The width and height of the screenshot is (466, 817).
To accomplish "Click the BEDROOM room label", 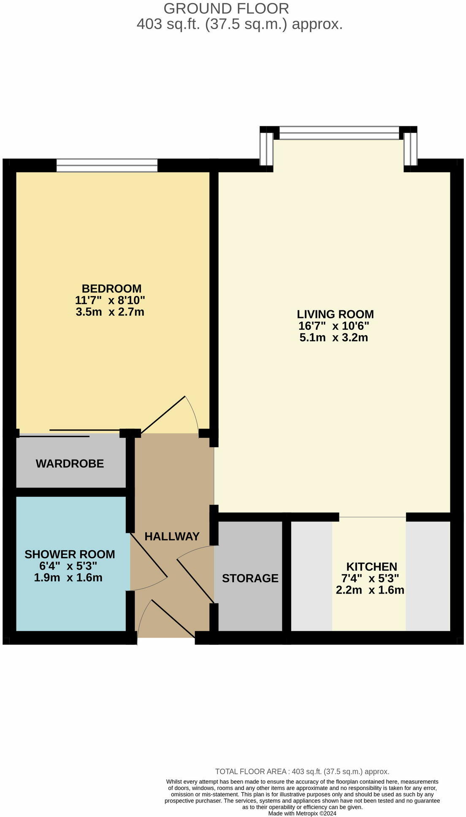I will coord(111,289).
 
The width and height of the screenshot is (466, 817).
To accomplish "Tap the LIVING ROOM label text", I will coord(335,314).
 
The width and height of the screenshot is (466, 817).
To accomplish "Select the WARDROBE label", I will coord(70,464).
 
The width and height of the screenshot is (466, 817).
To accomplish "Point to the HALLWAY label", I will coord(172,536).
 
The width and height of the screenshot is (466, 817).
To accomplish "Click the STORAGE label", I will coord(250,578).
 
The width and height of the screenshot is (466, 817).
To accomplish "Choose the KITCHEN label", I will coord(371,567).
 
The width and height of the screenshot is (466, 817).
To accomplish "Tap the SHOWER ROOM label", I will coord(70,554).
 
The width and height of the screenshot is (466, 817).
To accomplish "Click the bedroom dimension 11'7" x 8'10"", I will coord(110,301).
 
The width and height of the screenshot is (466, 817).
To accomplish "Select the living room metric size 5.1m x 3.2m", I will coord(333,338).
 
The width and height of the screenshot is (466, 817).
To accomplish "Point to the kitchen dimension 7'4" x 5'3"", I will coord(370,578).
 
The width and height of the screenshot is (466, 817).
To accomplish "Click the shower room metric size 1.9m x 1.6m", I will coord(68,578).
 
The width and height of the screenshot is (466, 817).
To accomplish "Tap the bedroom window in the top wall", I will coord(107,166).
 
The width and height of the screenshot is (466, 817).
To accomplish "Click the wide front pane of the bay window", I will coord(339,133).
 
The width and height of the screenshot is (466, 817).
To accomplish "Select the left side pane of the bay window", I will coord(266,149).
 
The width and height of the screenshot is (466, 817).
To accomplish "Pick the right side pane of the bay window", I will coord(410,149).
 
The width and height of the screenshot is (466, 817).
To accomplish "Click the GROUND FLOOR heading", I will coord(226,8).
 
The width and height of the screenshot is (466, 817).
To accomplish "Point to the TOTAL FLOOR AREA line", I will coord(302,771).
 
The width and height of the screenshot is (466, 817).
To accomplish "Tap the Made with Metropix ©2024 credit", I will coord(302,813).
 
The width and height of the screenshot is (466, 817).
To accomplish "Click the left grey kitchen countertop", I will coord(312,576).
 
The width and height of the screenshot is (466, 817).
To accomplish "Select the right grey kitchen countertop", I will coord(428,576).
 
